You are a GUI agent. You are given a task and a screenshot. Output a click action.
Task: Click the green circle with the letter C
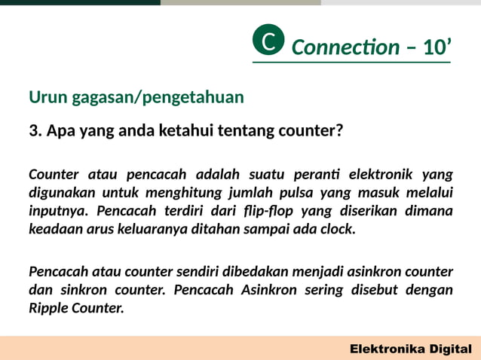pos(268,42)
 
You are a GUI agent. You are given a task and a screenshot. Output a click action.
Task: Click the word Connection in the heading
pos(346,47)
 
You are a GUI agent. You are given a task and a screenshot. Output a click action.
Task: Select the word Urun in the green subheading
pos(47,97)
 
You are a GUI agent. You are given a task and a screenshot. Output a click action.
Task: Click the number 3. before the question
pos(35,130)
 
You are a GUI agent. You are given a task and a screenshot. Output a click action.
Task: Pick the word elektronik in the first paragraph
pos(381,175)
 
